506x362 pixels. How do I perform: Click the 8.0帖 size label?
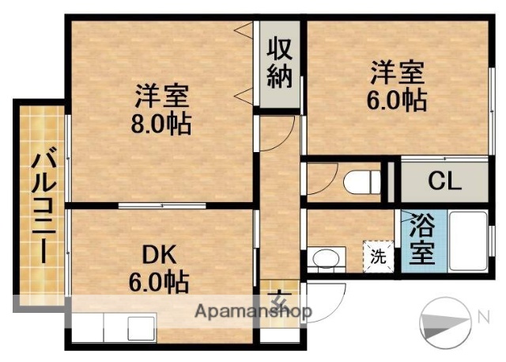[161, 124]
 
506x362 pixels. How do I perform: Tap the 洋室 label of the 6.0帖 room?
[398, 73]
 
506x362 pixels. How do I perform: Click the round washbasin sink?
[324, 258]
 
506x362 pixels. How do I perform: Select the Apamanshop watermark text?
[253, 311]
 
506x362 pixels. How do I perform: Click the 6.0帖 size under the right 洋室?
[398, 100]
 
